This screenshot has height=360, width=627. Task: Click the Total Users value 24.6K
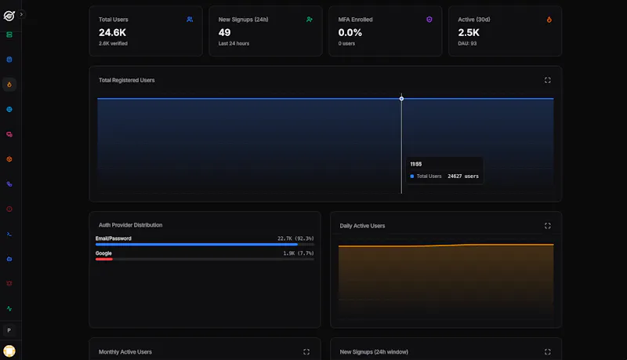(x=112, y=32)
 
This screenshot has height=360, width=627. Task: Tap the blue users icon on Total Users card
(x=190, y=19)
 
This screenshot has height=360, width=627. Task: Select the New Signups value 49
(x=224, y=32)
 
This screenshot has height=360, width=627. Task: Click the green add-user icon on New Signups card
(x=309, y=19)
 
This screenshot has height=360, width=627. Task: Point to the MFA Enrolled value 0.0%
(x=350, y=32)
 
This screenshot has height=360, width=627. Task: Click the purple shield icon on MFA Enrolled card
(x=429, y=19)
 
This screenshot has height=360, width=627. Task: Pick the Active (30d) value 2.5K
(x=469, y=32)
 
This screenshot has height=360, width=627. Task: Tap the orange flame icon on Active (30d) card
(x=549, y=19)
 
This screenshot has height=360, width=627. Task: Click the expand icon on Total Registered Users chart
(x=547, y=80)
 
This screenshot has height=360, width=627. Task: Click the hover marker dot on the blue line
(x=401, y=99)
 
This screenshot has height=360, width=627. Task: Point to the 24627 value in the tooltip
(x=455, y=176)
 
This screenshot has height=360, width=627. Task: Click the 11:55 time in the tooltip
(x=416, y=164)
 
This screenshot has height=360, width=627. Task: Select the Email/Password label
(x=113, y=238)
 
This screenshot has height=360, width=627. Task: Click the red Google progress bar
(x=104, y=259)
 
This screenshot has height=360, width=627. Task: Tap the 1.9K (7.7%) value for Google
(x=299, y=253)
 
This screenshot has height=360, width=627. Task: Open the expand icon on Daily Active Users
(x=547, y=226)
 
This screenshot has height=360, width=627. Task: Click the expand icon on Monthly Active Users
(x=306, y=351)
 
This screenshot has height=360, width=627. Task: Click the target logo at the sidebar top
(x=9, y=16)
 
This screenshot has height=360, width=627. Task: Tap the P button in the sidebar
(x=9, y=330)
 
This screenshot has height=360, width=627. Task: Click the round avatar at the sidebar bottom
(x=9, y=351)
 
